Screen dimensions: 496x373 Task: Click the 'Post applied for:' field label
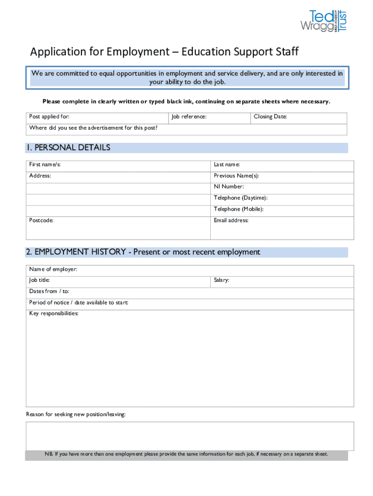(x=49, y=117)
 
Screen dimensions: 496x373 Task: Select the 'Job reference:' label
(x=189, y=117)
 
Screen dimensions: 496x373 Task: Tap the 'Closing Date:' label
(x=270, y=117)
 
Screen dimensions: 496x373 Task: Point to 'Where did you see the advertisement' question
(x=93, y=128)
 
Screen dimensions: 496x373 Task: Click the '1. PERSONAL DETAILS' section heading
(x=69, y=148)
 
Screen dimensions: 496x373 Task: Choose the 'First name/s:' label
(x=45, y=165)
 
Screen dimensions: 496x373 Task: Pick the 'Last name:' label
(x=227, y=165)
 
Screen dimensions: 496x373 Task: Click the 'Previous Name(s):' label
(x=236, y=176)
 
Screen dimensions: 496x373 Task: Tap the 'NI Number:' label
(x=229, y=186)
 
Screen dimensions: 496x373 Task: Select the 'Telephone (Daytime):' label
(x=241, y=198)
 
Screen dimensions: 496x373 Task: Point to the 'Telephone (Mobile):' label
(x=239, y=209)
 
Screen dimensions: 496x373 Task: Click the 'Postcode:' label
(x=41, y=220)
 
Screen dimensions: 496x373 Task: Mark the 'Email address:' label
(x=231, y=220)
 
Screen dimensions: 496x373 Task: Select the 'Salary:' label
(x=222, y=280)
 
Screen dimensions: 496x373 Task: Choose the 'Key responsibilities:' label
(x=54, y=313)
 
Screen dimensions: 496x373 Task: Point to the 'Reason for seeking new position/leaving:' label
(x=76, y=415)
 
